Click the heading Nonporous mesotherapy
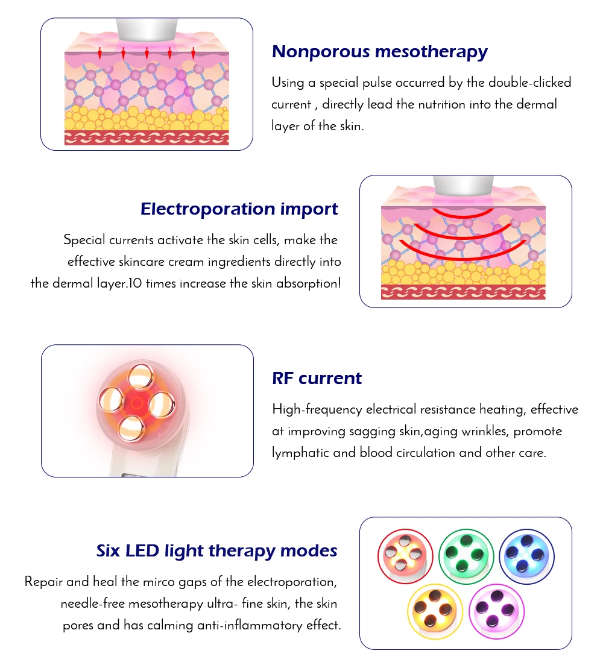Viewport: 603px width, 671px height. click(379, 52)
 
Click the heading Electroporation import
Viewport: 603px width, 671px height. click(239, 209)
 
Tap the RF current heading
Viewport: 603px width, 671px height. click(317, 379)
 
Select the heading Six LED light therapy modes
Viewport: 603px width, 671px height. click(216, 551)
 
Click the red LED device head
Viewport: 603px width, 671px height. click(405, 556)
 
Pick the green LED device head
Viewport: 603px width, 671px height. click(466, 556)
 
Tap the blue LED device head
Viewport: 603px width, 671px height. click(526, 556)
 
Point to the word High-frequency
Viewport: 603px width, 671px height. click(310, 410)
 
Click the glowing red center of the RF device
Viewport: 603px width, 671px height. click(136, 402)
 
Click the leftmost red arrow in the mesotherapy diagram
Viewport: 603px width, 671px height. click(100, 54)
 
